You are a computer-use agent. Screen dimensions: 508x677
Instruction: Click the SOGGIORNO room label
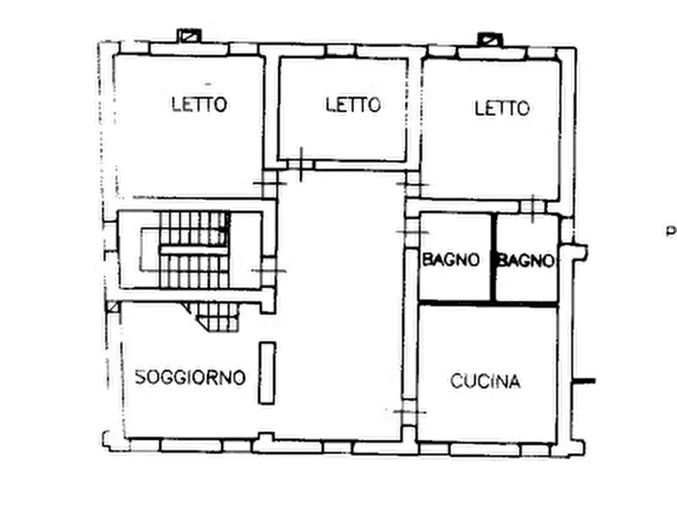click(x=190, y=377)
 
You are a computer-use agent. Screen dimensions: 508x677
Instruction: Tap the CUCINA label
click(x=485, y=381)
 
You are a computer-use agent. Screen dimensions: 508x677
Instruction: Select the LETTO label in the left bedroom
click(x=199, y=104)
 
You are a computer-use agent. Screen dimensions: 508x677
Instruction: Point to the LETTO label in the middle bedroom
click(x=353, y=104)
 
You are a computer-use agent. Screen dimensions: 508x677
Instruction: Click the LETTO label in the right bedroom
click(x=502, y=108)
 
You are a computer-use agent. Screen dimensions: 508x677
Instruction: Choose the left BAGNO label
click(x=451, y=260)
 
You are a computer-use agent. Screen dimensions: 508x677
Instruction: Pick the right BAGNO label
click(x=525, y=260)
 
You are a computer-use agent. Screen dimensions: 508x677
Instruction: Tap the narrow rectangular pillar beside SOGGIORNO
click(x=266, y=372)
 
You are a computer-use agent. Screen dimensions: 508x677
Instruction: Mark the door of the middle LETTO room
click(x=300, y=165)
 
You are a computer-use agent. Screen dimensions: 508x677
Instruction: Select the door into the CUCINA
click(x=409, y=411)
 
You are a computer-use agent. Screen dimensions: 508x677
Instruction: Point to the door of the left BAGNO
click(x=410, y=230)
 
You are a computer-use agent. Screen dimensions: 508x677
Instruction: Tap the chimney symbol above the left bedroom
click(x=187, y=36)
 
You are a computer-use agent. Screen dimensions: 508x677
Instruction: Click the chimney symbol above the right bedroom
click(x=489, y=38)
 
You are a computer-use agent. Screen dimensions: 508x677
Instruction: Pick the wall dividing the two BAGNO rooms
click(x=494, y=258)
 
